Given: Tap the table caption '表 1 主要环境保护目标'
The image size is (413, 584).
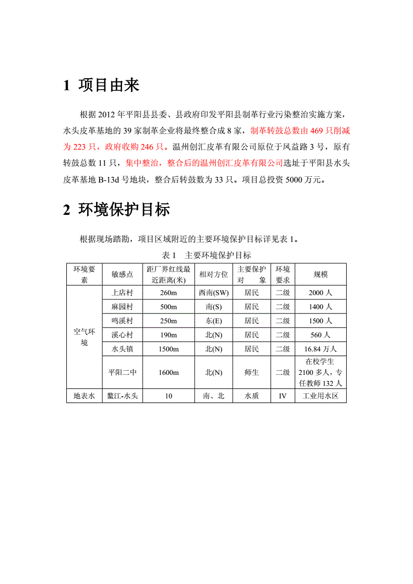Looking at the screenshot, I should pyautogui.click(x=207, y=255).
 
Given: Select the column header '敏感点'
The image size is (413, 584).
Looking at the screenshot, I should pyautogui.click(x=122, y=274).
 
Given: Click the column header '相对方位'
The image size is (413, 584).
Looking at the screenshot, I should pyautogui.click(x=213, y=274).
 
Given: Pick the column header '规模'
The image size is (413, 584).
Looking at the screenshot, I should pyautogui.click(x=321, y=274).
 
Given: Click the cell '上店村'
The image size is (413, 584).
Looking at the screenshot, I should pyautogui.click(x=122, y=293).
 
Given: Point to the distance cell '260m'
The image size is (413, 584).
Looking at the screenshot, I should pyautogui.click(x=168, y=293).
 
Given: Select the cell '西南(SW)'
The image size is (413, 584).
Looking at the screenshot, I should pyautogui.click(x=213, y=293).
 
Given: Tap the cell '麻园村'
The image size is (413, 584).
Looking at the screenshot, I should pyautogui.click(x=122, y=307).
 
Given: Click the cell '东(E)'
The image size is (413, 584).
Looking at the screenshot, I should pyautogui.click(x=213, y=321).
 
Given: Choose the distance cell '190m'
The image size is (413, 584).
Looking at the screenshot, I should pyautogui.click(x=168, y=335).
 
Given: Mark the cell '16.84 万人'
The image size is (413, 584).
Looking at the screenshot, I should pyautogui.click(x=321, y=349).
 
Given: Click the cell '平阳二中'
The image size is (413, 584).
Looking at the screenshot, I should pyautogui.click(x=122, y=372).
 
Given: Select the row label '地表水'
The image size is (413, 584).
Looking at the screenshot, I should pyautogui.click(x=84, y=396).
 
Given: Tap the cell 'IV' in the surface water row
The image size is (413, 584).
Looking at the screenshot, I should pyautogui.click(x=283, y=396).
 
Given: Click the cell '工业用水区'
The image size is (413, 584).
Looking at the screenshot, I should pyautogui.click(x=321, y=396).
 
